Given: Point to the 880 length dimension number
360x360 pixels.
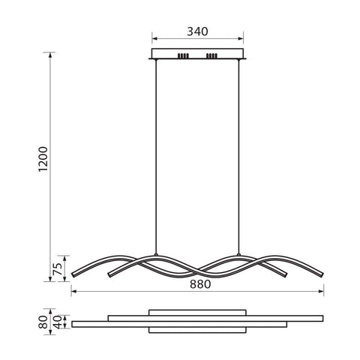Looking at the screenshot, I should [199, 284].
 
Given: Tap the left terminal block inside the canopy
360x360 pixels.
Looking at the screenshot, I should [182, 55].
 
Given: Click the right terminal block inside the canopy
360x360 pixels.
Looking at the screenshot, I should [211, 55].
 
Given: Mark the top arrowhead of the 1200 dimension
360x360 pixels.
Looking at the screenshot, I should [51, 54].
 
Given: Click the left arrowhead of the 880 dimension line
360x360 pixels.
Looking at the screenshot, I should [73, 292].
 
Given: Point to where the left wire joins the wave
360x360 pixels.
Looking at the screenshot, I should [155, 256].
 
